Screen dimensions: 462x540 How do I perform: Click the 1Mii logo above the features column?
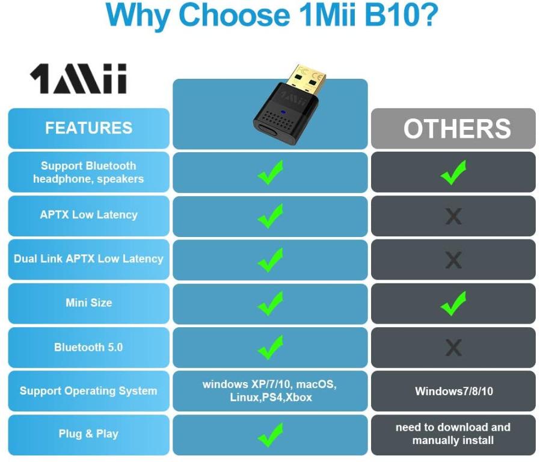(x=78, y=78)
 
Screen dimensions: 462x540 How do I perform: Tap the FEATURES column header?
(x=88, y=128)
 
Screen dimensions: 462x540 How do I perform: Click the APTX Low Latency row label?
(x=88, y=215)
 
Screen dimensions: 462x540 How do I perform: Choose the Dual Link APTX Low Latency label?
(x=88, y=259)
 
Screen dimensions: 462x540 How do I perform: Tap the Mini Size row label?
(x=88, y=303)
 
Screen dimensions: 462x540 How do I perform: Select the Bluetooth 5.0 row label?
(x=88, y=347)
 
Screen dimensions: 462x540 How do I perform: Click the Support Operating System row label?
(x=88, y=391)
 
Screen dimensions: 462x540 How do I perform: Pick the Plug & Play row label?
(x=88, y=434)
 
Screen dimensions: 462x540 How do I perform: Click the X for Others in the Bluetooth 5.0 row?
(x=453, y=347)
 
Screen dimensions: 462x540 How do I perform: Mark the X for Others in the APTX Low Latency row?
(x=453, y=216)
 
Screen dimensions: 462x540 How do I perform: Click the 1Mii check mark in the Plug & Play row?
(x=271, y=434)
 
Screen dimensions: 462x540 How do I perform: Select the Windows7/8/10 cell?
(x=453, y=391)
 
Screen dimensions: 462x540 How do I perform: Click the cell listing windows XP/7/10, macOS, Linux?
(x=270, y=390)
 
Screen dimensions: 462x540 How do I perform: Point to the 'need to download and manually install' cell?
(x=453, y=434)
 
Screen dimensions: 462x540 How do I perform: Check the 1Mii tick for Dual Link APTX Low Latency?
(x=271, y=259)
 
